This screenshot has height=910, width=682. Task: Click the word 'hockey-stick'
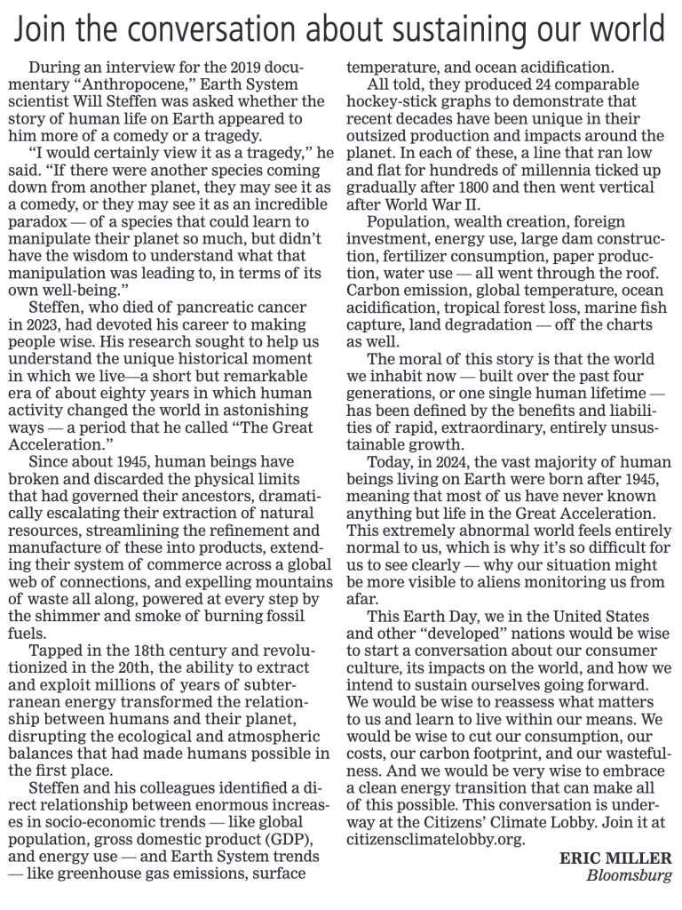387,102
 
